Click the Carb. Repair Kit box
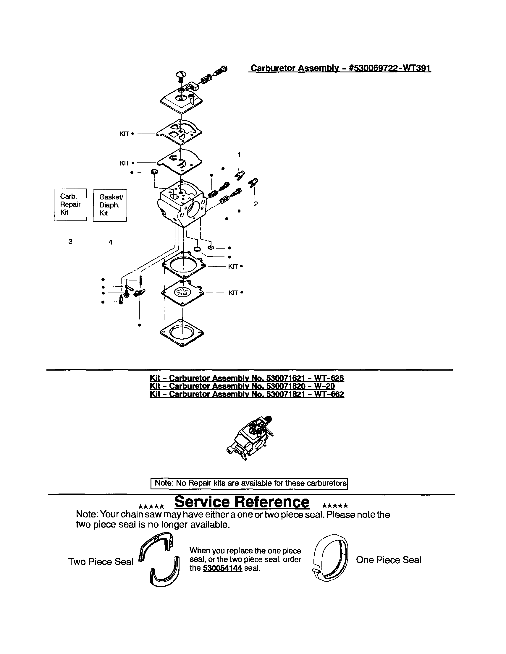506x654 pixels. click(x=70, y=205)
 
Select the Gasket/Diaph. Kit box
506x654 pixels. click(x=110, y=205)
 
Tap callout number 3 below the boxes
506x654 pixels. click(x=70, y=241)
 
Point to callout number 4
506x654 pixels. click(x=110, y=242)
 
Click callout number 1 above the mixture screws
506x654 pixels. click(x=239, y=155)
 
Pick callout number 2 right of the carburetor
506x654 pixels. click(x=256, y=204)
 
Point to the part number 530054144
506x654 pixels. click(x=222, y=568)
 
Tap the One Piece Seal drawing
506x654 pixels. click(x=330, y=558)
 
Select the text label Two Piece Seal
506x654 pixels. click(x=100, y=562)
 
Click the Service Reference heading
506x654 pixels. click(x=242, y=502)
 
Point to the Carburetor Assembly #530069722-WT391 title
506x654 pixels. click(x=341, y=68)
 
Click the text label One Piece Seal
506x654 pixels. click(x=388, y=560)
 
